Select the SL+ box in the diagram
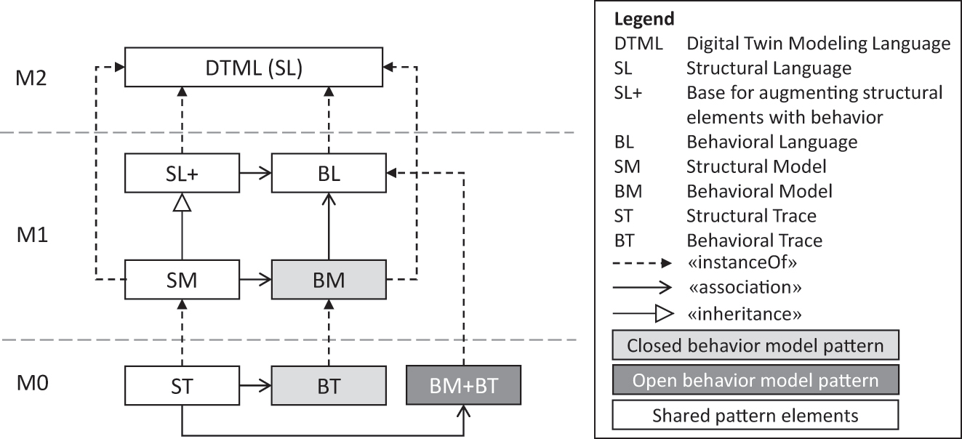(181, 174)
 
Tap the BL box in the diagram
(329, 174)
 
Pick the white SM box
(181, 278)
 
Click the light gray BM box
(329, 278)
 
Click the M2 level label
(31, 77)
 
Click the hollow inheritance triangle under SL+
(182, 206)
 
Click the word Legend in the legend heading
(644, 20)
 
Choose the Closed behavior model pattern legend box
(755, 345)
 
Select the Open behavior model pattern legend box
(755, 380)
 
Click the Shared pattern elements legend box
(755, 416)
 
